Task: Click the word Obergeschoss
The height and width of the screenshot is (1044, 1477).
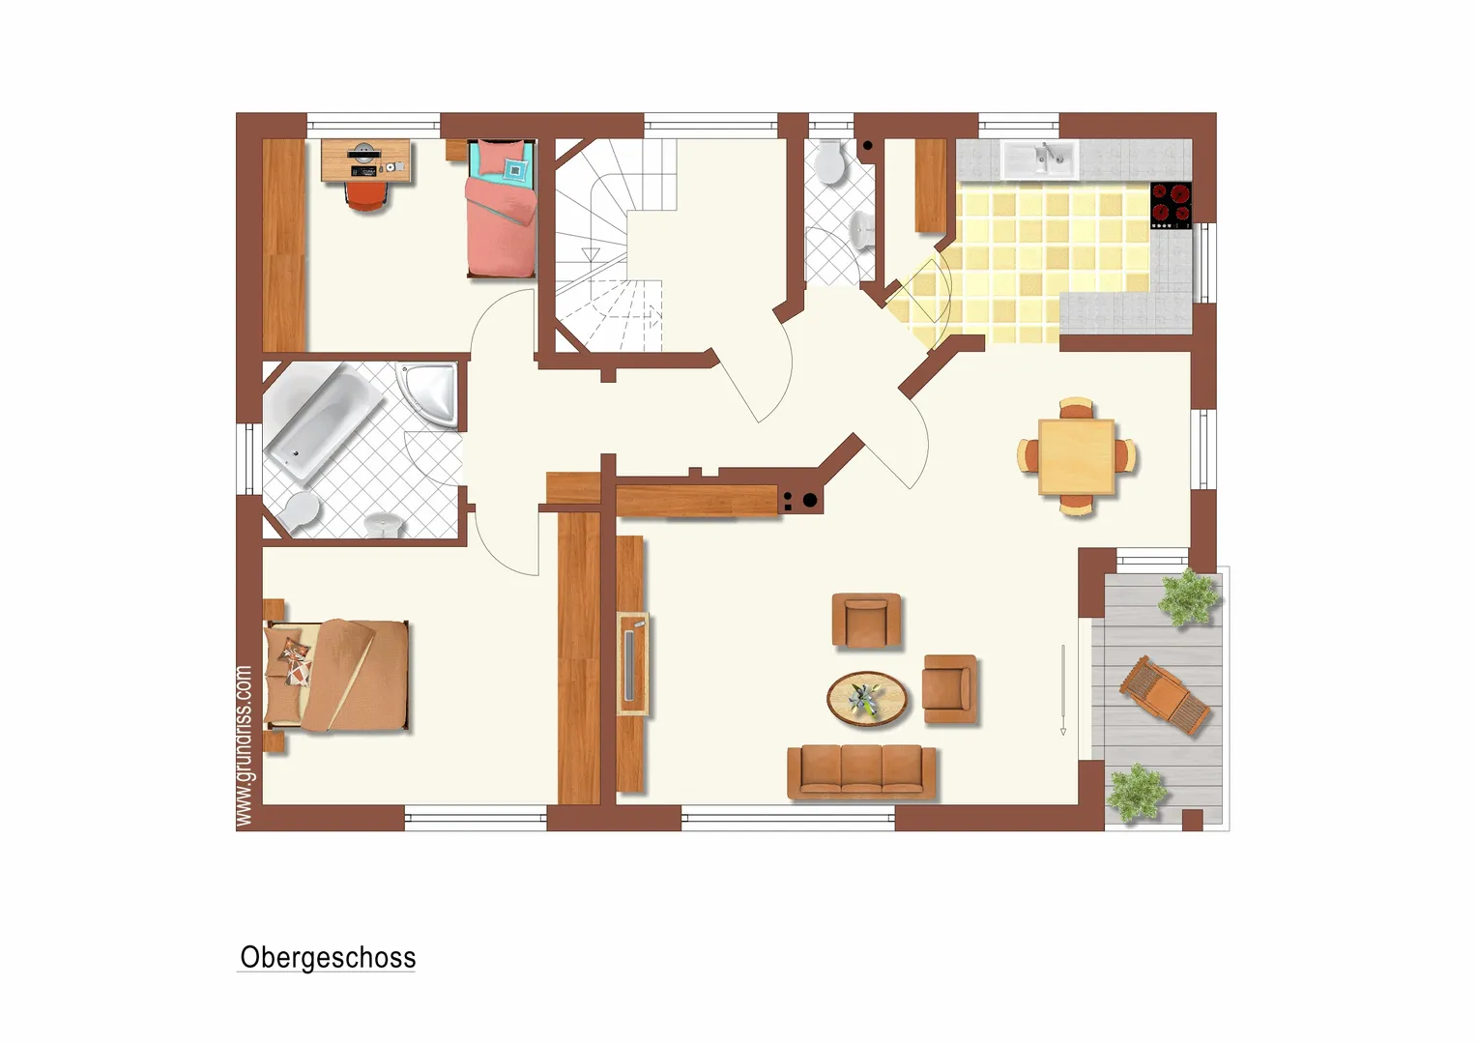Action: coord(327,958)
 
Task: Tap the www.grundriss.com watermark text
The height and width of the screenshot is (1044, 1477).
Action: coord(244,746)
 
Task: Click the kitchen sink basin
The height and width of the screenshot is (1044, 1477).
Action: coord(1040,159)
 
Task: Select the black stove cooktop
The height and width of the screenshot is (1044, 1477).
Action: coord(1171,205)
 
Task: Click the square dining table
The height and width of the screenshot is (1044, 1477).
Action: coord(1076,456)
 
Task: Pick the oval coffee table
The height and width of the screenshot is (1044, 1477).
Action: coord(867,699)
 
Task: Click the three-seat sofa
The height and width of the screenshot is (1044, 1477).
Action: coord(861,772)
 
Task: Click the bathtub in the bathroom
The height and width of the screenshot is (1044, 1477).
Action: coord(323,420)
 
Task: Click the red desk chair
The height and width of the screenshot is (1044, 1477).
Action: coord(366,196)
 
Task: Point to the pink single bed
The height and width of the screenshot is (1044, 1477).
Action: coord(501,209)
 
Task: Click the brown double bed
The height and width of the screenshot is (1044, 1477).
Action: coord(335,676)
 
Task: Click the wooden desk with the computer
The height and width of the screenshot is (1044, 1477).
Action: coord(366,160)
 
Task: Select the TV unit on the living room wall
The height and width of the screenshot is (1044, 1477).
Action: coord(632,663)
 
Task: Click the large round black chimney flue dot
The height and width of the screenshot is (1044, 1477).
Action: coord(810,501)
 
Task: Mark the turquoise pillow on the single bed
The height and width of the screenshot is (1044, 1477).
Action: coord(516,170)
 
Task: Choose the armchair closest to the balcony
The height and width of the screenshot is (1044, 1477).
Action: coord(949,689)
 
